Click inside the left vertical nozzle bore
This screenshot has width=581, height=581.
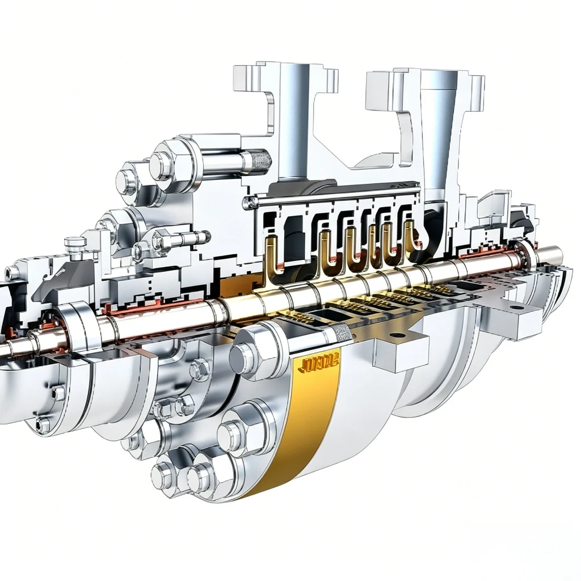click(x=294, y=125)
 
